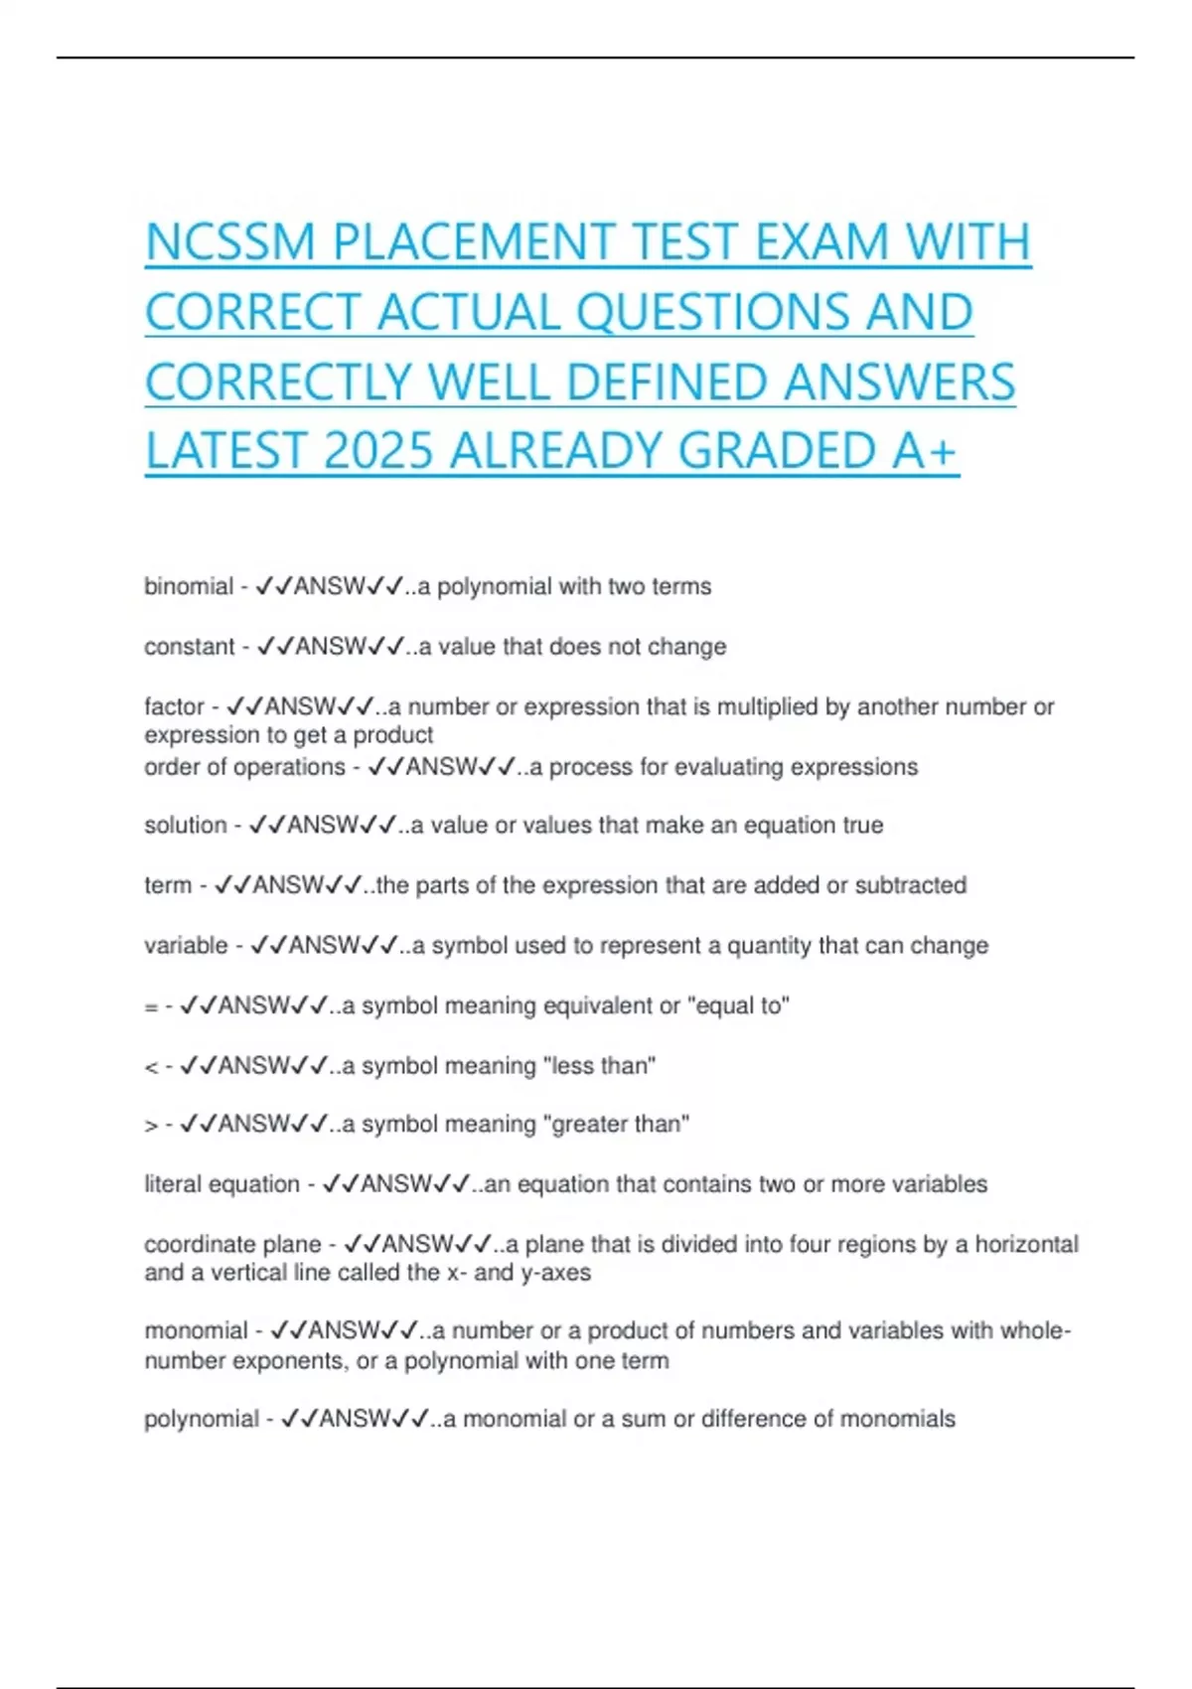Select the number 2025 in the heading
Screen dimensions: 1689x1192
click(x=378, y=451)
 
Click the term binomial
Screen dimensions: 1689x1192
click(x=188, y=586)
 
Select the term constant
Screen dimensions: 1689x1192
click(x=189, y=647)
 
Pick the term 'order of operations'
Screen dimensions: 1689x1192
click(x=244, y=767)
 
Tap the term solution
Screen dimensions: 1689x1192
click(x=185, y=826)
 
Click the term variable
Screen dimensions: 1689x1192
click(x=186, y=946)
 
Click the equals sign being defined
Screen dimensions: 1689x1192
click(x=151, y=1007)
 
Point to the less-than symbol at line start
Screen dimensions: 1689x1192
click(x=151, y=1067)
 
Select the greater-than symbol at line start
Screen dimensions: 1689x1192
click(x=151, y=1126)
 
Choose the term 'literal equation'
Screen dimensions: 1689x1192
click(x=222, y=1184)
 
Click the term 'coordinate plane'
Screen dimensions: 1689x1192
click(x=232, y=1245)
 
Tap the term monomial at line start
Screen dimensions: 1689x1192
click(x=195, y=1330)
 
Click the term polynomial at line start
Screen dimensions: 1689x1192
click(x=201, y=1419)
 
